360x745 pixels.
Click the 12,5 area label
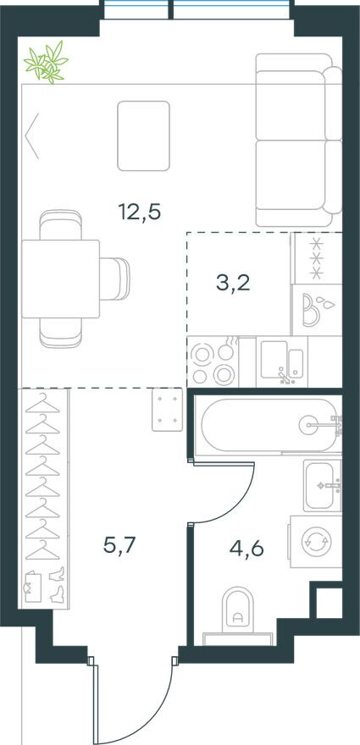(139, 212)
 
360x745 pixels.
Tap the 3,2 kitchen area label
(233, 284)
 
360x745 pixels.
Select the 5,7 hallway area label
(119, 545)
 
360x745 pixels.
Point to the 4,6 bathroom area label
(246, 549)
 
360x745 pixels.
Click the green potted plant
(47, 63)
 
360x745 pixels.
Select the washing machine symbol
(316, 542)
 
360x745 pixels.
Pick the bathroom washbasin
(323, 485)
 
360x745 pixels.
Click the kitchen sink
(281, 362)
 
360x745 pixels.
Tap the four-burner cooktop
(213, 362)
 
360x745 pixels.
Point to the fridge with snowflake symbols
(316, 258)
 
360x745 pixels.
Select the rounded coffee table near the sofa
(144, 136)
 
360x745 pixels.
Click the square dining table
(60, 279)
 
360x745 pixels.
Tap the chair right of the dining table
(115, 279)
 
